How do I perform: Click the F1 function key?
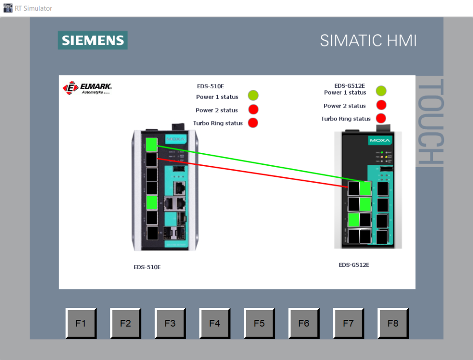80,323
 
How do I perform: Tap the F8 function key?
393,323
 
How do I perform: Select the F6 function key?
303,323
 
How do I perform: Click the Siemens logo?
93,40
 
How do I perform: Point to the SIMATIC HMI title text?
368,41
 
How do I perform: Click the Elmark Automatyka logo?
88,88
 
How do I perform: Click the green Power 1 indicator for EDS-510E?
253,96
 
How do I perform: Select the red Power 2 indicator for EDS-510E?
253,109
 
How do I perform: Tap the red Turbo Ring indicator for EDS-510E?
253,123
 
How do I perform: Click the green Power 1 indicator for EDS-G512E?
381,91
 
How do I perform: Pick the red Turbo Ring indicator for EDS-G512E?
381,118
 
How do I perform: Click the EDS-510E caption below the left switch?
147,267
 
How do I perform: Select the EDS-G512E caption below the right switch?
354,265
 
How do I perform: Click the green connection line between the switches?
259,164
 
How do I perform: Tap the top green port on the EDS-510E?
151,143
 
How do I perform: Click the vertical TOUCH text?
430,122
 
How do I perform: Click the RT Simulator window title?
33,8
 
